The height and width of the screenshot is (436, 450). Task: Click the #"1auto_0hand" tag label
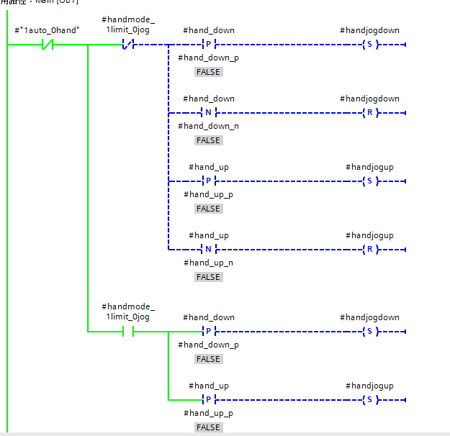click(x=47, y=30)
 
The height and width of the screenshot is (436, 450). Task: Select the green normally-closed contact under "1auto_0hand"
click(x=48, y=45)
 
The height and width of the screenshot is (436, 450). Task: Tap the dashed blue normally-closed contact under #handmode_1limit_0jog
click(x=128, y=45)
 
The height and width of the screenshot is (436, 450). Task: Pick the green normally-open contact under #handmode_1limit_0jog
click(x=128, y=332)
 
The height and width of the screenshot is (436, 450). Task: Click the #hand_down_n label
click(x=208, y=126)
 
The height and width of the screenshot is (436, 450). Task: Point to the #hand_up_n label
click(x=208, y=263)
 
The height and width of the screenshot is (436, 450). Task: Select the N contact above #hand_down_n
click(x=208, y=113)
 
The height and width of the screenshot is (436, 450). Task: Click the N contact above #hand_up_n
click(x=208, y=250)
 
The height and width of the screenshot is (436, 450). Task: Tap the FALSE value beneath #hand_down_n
click(x=208, y=140)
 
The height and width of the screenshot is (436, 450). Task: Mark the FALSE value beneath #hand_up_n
click(x=208, y=277)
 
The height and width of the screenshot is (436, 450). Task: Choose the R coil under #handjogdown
click(x=369, y=113)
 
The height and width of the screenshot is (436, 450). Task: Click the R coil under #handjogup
click(x=369, y=250)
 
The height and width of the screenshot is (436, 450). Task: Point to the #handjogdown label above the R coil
click(x=369, y=99)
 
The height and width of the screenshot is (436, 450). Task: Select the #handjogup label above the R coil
click(x=369, y=235)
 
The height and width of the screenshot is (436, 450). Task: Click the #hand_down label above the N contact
click(x=208, y=99)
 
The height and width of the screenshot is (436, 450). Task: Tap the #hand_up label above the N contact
click(x=208, y=235)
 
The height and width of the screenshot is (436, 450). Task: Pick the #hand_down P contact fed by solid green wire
click(x=208, y=332)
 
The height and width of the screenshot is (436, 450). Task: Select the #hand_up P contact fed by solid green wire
click(x=208, y=400)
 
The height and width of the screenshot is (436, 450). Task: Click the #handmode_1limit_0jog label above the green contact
click(x=128, y=312)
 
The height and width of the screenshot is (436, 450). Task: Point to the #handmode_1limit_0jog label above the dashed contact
click(x=128, y=24)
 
